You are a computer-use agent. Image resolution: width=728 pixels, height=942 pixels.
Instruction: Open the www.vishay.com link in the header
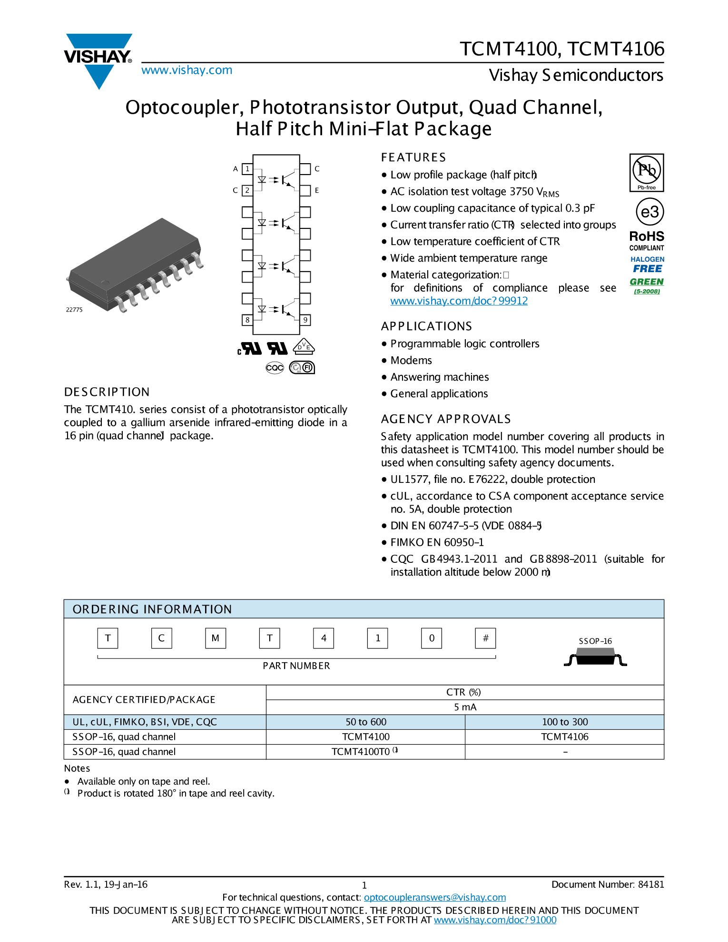pos(187,70)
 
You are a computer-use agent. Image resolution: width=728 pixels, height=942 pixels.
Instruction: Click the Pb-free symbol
pos(646,172)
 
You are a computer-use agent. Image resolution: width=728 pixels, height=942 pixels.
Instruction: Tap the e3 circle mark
pos(649,212)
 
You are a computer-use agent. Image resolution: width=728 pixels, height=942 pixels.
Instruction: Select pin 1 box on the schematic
pos(247,169)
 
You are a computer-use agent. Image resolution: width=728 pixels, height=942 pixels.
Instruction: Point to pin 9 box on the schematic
pos(305,320)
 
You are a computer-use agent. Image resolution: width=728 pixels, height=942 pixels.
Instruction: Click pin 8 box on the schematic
pos(247,320)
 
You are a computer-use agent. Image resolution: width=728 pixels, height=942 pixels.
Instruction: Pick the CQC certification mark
pos(275,368)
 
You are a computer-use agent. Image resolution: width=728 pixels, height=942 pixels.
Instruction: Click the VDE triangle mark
pos(304,347)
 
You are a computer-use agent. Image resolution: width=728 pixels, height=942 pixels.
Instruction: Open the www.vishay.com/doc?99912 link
pos(459,301)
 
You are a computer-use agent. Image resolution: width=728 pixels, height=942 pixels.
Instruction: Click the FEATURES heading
pos(413,157)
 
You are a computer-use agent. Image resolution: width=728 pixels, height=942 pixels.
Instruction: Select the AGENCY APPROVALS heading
pos(446,419)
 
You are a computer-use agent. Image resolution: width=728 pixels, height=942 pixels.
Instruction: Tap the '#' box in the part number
pos(485,638)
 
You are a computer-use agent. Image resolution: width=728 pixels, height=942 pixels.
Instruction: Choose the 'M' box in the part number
pos(216,638)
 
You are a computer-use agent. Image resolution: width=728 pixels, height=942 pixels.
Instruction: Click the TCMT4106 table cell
pos(564,737)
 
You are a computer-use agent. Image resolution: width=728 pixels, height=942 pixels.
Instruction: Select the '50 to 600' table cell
pos(365,722)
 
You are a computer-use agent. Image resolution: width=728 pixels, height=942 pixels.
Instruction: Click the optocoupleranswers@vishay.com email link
pos(434,897)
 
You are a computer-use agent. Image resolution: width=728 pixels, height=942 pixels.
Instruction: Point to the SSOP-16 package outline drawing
pos(595,659)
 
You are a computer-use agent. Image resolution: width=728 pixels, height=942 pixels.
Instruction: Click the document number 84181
pos(650,884)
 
